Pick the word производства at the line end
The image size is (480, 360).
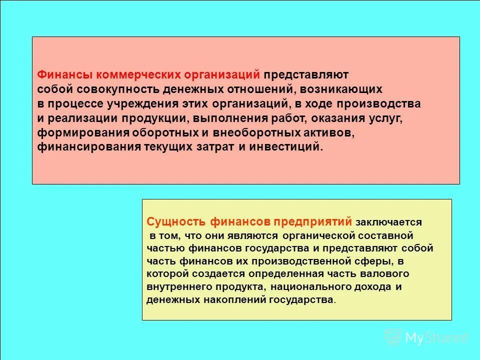point(381,104)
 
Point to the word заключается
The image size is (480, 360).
point(388,221)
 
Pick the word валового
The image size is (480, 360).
point(388,273)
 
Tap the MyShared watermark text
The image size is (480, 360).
point(436,338)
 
